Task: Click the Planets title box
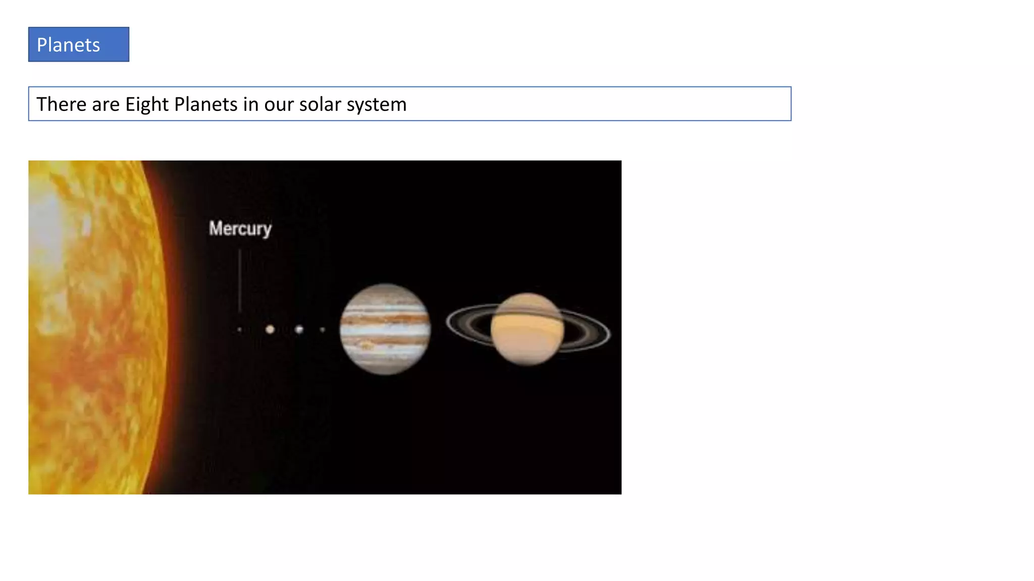pyautogui.click(x=78, y=44)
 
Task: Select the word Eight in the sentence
pyautogui.click(x=147, y=104)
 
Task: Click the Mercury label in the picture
pyautogui.click(x=240, y=228)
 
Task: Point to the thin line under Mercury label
pyautogui.click(x=240, y=280)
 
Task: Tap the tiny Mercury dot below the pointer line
pyautogui.click(x=239, y=330)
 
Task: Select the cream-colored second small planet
pyautogui.click(x=270, y=329)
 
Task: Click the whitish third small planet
pyautogui.click(x=299, y=329)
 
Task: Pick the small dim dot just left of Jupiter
pyautogui.click(x=322, y=330)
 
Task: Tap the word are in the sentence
pyautogui.click(x=106, y=104)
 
